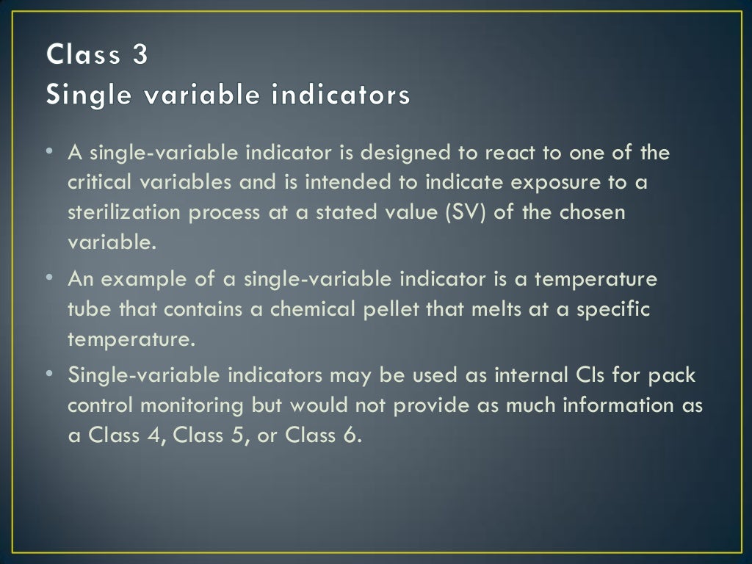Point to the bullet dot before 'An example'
point(48,277)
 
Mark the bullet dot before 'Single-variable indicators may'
point(48,372)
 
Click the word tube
point(87,309)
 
